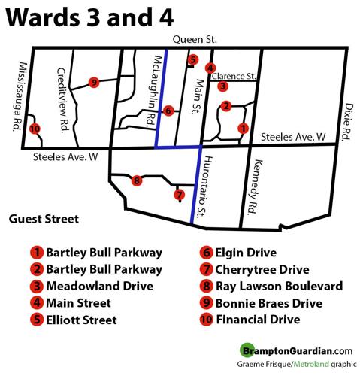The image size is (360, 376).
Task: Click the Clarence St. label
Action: (235, 76)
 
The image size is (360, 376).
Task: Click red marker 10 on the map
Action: (34, 129)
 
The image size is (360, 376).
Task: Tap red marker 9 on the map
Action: (94, 82)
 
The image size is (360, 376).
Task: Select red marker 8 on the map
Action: (136, 180)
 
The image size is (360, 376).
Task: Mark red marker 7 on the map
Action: (179, 195)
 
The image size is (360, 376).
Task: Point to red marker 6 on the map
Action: (168, 111)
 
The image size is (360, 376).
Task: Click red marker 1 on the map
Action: (242, 129)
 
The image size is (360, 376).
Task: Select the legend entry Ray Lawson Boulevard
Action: (271, 286)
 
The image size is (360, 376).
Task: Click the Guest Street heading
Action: (44, 220)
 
